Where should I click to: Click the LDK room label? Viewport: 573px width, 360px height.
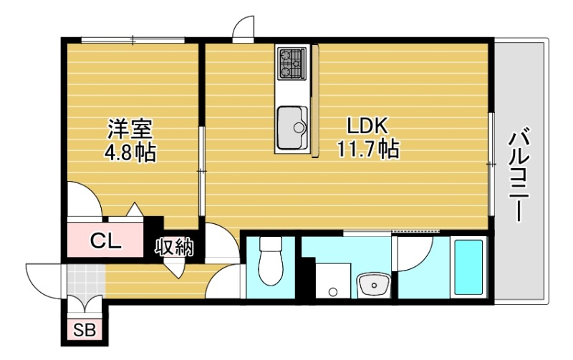point(367,127)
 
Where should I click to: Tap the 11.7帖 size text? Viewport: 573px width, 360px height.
point(367,150)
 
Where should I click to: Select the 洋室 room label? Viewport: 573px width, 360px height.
point(130,130)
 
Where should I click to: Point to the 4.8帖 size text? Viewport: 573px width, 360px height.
point(130,152)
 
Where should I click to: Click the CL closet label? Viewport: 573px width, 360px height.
point(105,241)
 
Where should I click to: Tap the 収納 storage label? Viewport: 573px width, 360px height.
point(175,247)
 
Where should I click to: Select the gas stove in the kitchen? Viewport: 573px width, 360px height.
point(292,62)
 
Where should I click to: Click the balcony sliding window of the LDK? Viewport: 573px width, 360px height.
point(491,165)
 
